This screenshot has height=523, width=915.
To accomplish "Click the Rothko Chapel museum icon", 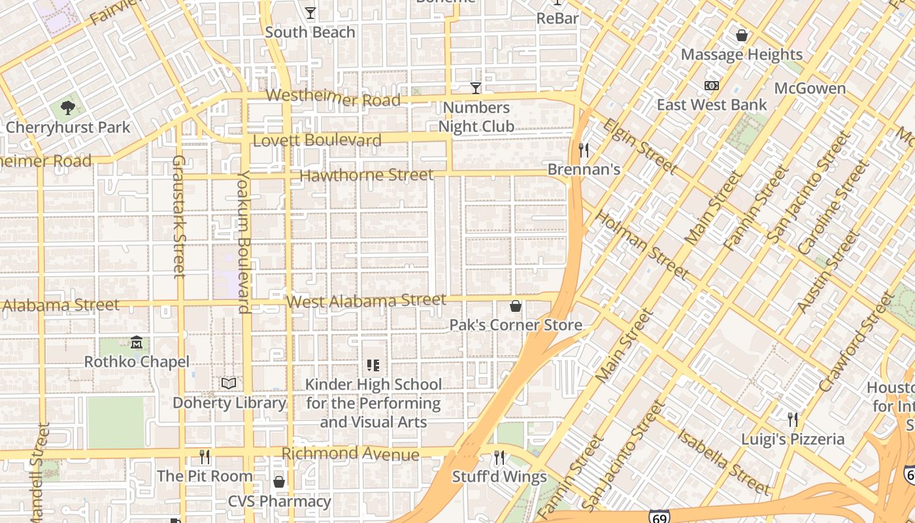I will pos(137,342).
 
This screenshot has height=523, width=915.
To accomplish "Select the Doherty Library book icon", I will pos(229,383).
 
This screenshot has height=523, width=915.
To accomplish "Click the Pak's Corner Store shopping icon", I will pos(516,306).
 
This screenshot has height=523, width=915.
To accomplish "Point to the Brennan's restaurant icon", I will pos(584,150).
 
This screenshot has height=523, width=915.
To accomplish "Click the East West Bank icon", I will pos(712,86).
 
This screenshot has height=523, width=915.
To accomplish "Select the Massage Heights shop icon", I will pos(742,35).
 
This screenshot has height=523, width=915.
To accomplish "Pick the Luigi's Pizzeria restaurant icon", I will pos(793,419).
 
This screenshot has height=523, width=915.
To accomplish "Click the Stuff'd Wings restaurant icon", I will pos(499,458).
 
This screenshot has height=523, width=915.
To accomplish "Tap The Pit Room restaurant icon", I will pos(205,456).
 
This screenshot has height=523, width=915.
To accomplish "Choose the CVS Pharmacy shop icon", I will pos(279,482).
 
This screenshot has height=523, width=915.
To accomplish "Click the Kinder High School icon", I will pos(373,365).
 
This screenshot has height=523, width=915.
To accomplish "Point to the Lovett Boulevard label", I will pos(317,141).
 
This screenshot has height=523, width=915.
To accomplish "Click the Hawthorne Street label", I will pos(366,175).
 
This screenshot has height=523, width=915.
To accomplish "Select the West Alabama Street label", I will pos(366,301).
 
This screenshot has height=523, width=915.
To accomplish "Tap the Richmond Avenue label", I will pos(350,454).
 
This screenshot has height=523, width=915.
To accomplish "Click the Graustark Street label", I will pos(178,216).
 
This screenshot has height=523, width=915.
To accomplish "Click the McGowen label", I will pos(810,88).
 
